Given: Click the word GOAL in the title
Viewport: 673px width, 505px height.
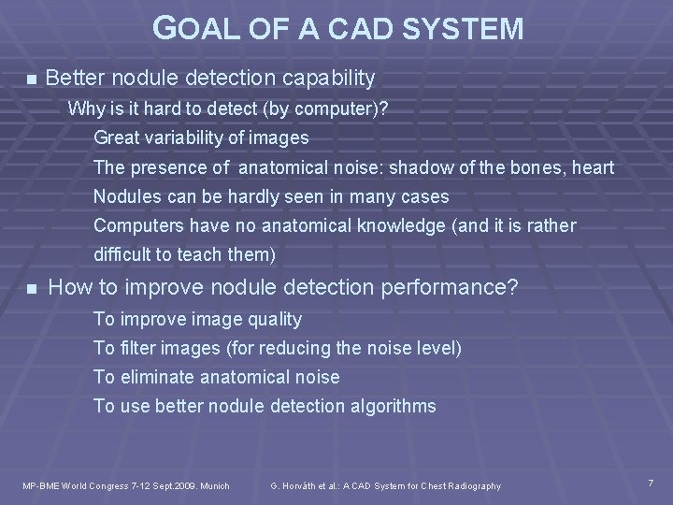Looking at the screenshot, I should [x=190, y=28].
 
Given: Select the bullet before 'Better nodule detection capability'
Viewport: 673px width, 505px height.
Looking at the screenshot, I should [x=31, y=79].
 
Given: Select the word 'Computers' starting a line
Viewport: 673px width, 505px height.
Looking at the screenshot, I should [x=138, y=226].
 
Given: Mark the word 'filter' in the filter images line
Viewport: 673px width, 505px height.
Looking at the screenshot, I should [x=135, y=348].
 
